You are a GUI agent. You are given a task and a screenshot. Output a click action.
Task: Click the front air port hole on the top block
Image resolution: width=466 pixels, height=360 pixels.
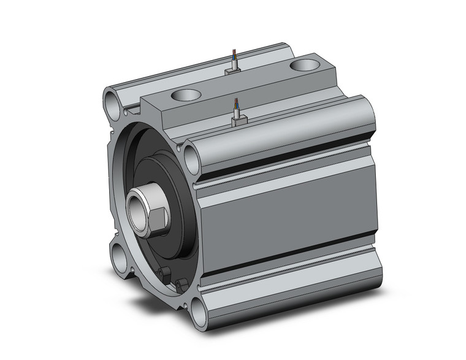click(x=187, y=95)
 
